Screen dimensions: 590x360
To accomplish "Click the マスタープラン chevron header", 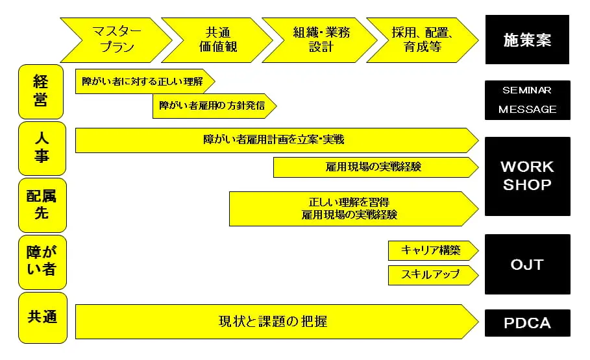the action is (116, 40).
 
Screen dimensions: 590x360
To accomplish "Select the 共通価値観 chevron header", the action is (217, 40).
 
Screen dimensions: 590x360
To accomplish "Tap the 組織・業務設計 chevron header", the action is (320, 40).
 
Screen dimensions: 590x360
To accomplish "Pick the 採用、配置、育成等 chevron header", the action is (423, 40).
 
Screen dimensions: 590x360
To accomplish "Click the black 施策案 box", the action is (527, 40).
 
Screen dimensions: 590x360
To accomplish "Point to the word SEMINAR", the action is (527, 90).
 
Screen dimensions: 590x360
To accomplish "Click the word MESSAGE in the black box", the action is (527, 110).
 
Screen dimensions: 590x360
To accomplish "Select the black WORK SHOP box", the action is (528, 176).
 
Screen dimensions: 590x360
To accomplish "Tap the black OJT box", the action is (528, 265).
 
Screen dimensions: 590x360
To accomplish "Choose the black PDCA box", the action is (528, 323).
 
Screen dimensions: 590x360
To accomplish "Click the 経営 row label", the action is (41, 92).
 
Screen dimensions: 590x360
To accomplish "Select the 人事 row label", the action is (42, 148).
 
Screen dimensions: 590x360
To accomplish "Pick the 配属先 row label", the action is (42, 206).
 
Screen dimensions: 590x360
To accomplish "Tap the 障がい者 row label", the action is (42, 262).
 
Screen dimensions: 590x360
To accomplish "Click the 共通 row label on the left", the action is (43, 318).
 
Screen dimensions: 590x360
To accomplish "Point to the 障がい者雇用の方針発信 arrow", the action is (214, 106).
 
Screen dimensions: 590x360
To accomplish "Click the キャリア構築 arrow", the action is (434, 250).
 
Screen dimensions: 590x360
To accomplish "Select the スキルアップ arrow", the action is (434, 275).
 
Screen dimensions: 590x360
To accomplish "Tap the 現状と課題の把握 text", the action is (273, 322).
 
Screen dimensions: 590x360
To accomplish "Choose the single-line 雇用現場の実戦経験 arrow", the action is (376, 167).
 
